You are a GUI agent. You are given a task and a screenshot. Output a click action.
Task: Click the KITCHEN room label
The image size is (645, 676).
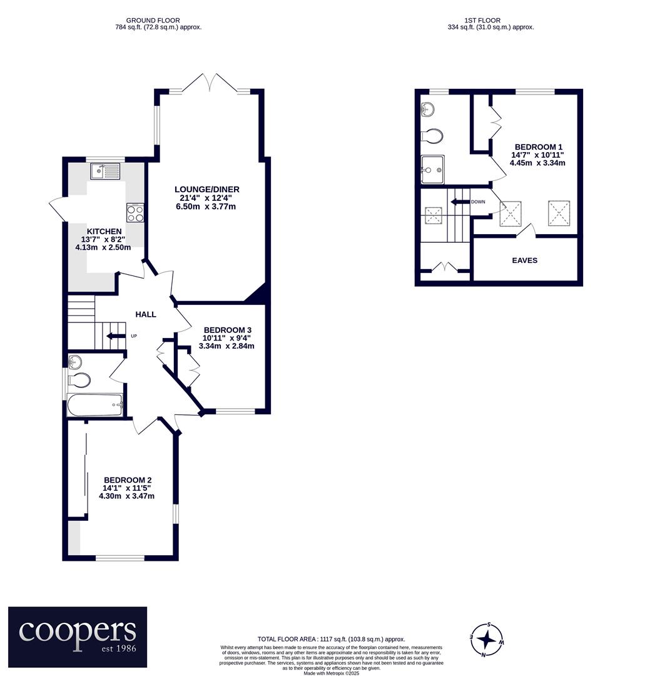tap(104, 232)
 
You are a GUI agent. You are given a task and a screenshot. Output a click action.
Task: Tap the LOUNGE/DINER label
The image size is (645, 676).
tap(207, 189)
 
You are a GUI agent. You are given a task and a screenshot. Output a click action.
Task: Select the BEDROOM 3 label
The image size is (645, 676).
tap(227, 330)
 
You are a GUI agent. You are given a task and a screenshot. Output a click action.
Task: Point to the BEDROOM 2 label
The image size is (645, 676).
tap(128, 480)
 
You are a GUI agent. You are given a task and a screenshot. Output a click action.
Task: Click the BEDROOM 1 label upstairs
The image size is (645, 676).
tap(538, 147)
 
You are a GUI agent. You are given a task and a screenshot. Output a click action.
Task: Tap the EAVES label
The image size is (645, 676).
tap(524, 260)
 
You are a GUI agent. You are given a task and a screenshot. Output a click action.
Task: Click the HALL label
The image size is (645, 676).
tap(146, 314)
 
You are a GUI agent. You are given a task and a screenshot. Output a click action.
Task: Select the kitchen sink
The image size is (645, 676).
tap(106, 171)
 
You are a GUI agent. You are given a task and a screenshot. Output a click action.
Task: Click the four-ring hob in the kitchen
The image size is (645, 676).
tap(135, 213)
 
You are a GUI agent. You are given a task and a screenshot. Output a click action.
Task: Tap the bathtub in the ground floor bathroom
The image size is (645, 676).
tap(95, 405)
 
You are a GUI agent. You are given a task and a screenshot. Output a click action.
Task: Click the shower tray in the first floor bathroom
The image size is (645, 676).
tap(432, 170)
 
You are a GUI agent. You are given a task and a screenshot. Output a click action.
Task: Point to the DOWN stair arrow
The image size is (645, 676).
tap(459, 202)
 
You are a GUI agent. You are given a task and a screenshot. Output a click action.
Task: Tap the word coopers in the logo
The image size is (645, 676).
tap(78, 631)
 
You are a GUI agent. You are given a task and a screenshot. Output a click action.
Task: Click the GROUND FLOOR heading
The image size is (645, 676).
tap(153, 20)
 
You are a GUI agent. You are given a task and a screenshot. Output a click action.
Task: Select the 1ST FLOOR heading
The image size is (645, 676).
tap(482, 20)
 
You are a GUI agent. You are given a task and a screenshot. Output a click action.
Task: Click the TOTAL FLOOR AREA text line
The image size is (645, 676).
tap(332, 639)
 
